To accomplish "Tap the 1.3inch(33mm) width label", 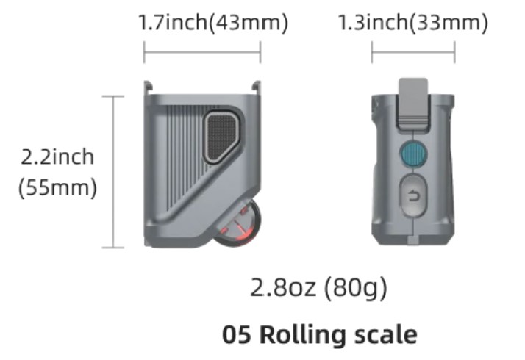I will coord(413,22).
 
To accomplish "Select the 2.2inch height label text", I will coord(57,157).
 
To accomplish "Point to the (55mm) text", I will coord(57,187).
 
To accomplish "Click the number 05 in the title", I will coord(237,334).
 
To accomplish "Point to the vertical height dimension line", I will coord(113,172).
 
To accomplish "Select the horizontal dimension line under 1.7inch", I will coord(202,52).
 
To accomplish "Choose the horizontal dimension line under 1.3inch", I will coord(413,52).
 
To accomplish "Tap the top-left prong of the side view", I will coord(148,86).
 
